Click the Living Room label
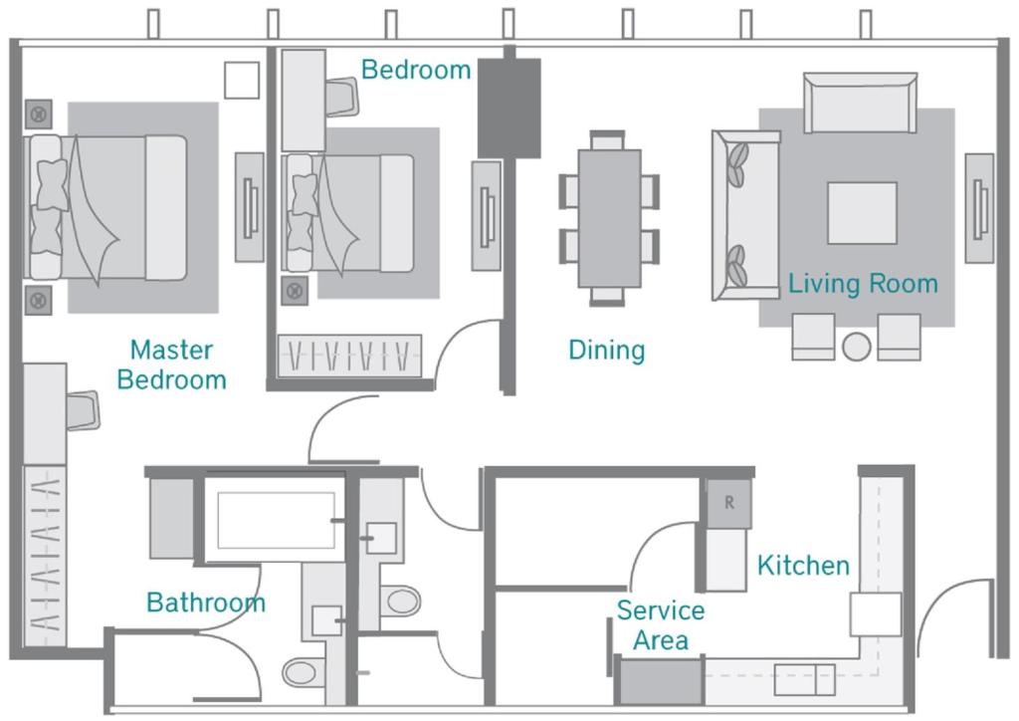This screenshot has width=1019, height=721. point(863,284)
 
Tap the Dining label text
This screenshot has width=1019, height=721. point(606,350)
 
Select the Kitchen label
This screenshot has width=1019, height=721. point(803,566)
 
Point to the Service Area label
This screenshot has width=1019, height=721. point(660,624)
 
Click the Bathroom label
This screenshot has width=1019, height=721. point(206,602)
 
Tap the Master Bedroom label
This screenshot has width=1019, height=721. point(171,364)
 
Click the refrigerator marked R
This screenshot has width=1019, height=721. point(729,503)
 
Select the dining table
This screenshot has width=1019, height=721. point(609,218)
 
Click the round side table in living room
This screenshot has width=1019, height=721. point(857,347)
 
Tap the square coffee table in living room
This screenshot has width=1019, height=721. point(862,212)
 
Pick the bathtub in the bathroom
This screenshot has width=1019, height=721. point(276,520)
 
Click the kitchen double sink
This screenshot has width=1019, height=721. point(804,678)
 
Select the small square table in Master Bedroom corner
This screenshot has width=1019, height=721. point(241,81)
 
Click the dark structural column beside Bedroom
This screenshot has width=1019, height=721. point(509,108)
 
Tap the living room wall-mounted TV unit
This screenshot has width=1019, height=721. point(980,208)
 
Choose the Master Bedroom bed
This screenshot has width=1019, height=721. point(107,208)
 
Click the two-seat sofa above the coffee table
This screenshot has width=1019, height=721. point(861,102)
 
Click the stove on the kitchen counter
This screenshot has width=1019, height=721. point(875,614)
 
